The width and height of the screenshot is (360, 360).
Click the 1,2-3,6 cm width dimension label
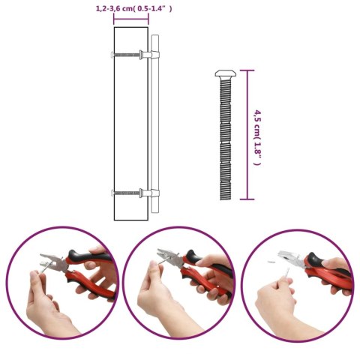(134, 9)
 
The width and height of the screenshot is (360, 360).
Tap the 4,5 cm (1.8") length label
(257, 135)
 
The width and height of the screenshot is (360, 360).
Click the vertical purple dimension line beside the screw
(248, 135)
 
